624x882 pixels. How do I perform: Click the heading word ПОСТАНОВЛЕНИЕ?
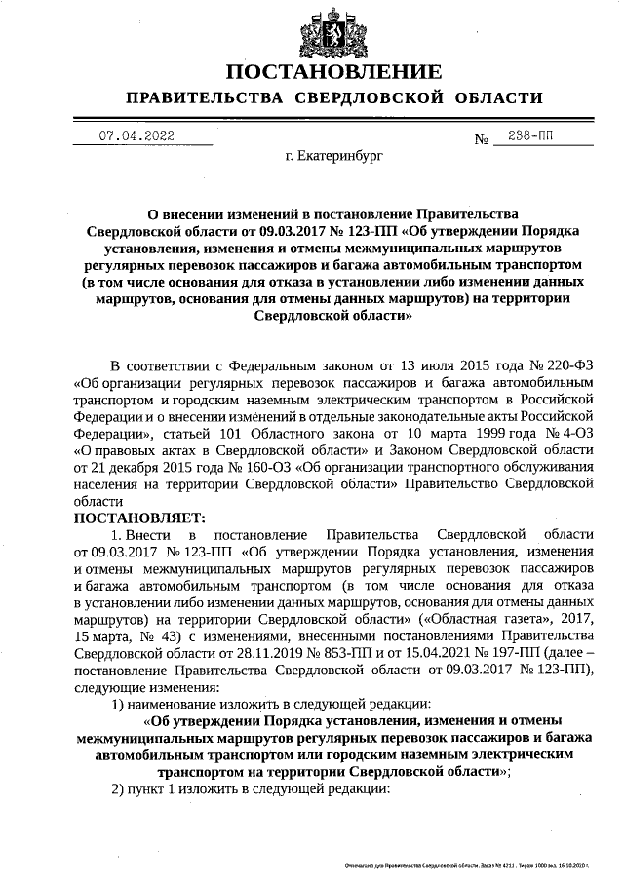coord(332,72)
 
